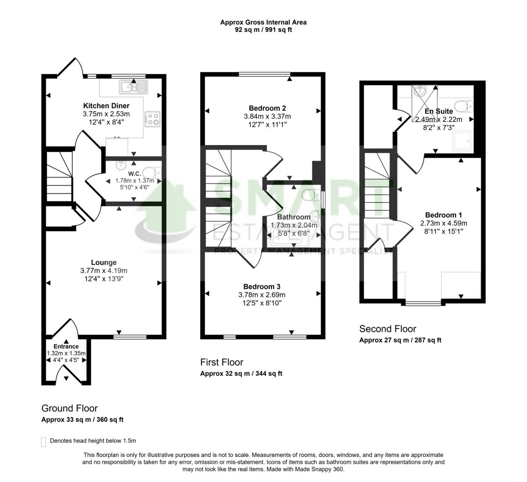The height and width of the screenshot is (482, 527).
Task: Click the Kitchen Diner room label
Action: pyautogui.click(x=106, y=106)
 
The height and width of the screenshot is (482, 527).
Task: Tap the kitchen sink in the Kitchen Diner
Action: pyautogui.click(x=133, y=87)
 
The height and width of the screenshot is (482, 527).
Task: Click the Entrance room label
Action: pyautogui.click(x=66, y=347)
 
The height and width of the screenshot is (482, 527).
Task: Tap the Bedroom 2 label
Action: pyautogui.click(x=267, y=109)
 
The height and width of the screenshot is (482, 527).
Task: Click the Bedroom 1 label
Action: pyautogui.click(x=444, y=215)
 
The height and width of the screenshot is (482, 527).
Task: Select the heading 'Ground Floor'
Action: pyautogui.click(x=69, y=408)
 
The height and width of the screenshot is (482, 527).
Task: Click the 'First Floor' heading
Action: pyautogui.click(x=221, y=362)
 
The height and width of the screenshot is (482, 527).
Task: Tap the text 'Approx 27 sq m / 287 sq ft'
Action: pyautogui.click(x=400, y=340)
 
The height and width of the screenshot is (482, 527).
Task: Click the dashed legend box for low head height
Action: pyautogui.click(x=43, y=442)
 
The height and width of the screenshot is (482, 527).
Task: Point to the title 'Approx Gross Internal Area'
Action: pyautogui.click(x=263, y=22)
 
